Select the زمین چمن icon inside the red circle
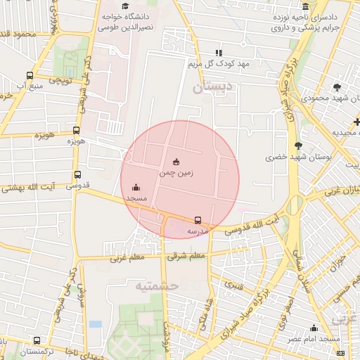point(176,161)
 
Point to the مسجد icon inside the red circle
point(136,188)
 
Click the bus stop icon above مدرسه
point(197,220)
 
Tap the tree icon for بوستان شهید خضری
point(299,146)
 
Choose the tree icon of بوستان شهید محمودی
point(338,87)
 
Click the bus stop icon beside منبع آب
point(30,76)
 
